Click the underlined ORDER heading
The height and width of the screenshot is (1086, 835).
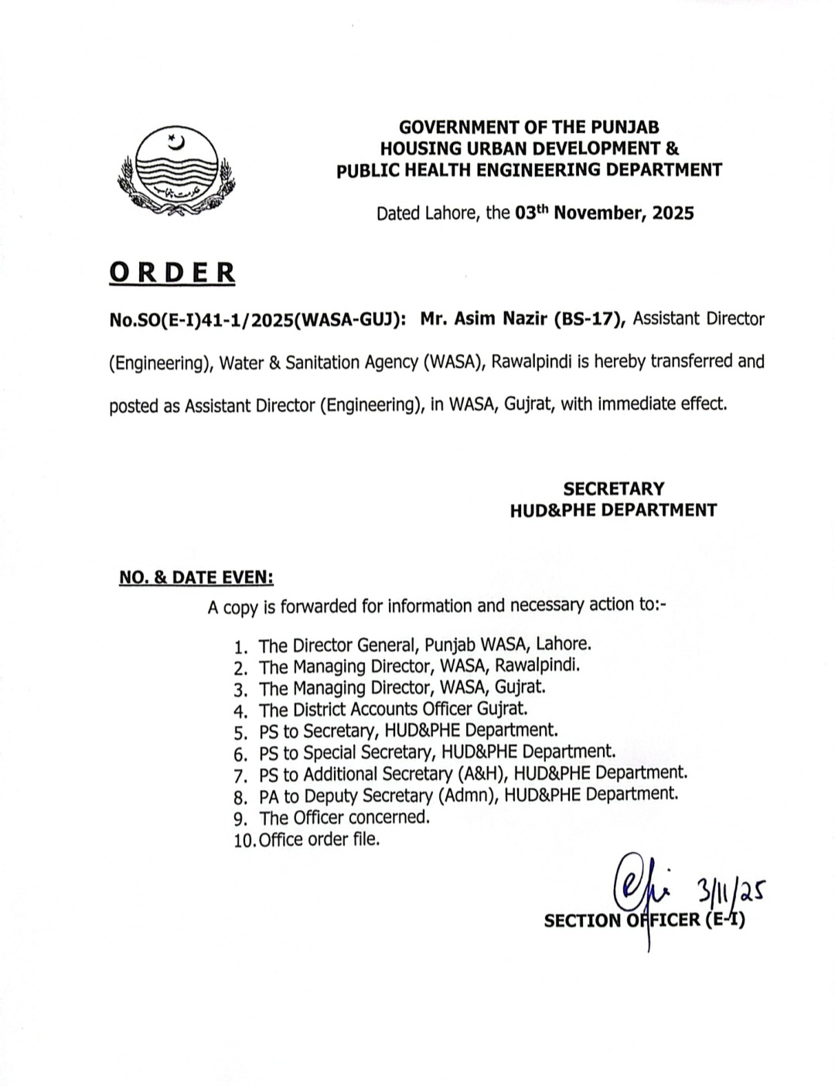coord(172,273)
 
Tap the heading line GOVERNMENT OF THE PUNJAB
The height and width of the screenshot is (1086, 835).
coord(529,127)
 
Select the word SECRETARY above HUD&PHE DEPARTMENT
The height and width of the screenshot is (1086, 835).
coord(613,489)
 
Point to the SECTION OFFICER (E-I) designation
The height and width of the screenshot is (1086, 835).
coord(644,921)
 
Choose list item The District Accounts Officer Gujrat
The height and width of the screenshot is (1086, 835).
coord(393,708)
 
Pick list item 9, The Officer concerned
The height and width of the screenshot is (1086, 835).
coord(344,817)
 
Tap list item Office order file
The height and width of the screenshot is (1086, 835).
coord(319,839)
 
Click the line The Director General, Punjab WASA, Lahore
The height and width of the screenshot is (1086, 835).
coord(425,644)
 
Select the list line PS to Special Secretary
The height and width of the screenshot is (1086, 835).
coord(438,751)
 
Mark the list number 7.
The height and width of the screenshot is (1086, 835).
coord(240,775)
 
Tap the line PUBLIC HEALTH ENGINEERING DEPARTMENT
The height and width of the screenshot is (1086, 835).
coord(529,170)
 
